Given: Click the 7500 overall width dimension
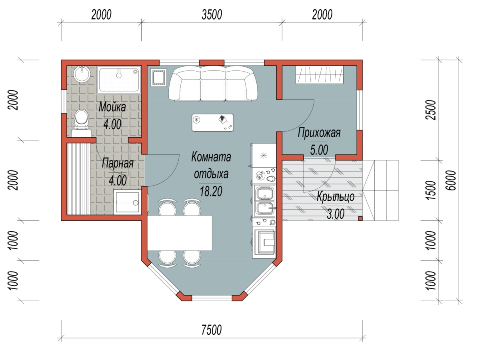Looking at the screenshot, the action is [x=211, y=330].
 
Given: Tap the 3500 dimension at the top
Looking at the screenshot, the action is [x=212, y=15].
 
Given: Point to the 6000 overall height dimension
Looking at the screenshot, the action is [x=451, y=180].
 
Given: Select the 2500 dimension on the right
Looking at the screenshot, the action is [x=430, y=110].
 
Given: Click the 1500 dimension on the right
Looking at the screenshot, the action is [x=430, y=190].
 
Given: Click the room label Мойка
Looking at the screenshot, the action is [x=112, y=107].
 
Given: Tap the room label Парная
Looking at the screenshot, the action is [x=118, y=163].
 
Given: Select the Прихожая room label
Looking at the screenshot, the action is [x=319, y=133].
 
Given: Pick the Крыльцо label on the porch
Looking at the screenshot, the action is [x=336, y=196].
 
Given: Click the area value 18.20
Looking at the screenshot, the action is [x=211, y=191].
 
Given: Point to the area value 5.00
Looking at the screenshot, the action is [x=319, y=150].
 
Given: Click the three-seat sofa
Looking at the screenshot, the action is [x=213, y=84].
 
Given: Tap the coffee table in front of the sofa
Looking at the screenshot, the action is [x=213, y=123].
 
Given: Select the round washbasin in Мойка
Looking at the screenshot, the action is [x=82, y=74].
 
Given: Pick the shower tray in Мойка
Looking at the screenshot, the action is [x=119, y=80].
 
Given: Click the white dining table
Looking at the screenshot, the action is [x=180, y=233].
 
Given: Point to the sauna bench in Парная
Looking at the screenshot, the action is [x=79, y=179].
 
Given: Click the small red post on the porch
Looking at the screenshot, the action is [x=360, y=218].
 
